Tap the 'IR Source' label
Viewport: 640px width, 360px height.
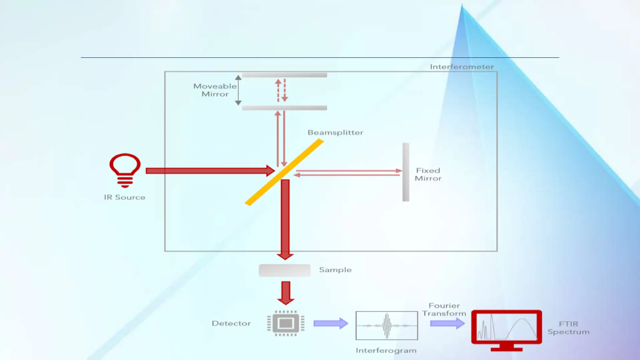tap(125, 197)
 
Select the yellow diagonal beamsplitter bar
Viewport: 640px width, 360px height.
tap(284, 172)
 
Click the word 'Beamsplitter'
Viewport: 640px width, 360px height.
tap(335, 132)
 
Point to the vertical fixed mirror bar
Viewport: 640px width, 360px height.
tap(406, 172)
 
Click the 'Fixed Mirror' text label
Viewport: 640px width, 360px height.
tap(428, 174)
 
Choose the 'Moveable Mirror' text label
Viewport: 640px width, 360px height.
tap(215, 90)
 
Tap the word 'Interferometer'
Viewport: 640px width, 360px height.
tap(462, 67)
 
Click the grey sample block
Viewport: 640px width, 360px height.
tap(284, 270)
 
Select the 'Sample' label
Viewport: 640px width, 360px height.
tap(335, 270)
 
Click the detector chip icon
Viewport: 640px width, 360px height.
tap(286, 323)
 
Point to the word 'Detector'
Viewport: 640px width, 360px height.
tap(231, 323)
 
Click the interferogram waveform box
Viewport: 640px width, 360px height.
tap(387, 325)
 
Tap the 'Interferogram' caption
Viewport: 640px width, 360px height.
tap(386, 351)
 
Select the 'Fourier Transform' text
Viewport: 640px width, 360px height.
tap(444, 309)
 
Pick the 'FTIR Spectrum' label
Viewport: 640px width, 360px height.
tap(568, 328)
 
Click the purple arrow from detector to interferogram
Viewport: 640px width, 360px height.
tap(331, 323)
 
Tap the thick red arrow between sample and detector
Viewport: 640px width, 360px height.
tap(286, 293)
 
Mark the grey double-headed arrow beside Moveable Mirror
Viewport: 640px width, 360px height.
tap(238, 90)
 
